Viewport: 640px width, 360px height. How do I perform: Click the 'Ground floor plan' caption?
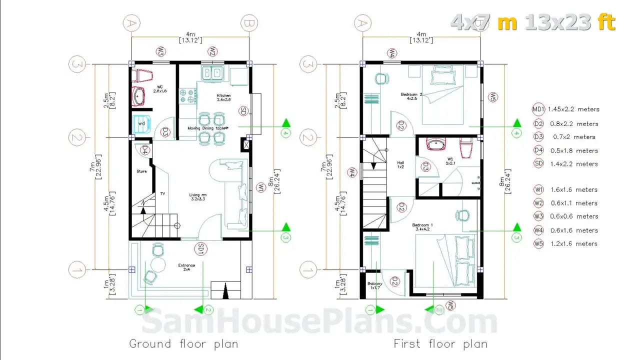(183, 343)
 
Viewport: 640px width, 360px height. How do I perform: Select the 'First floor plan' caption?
(440, 343)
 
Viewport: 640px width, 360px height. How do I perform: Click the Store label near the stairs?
(141, 171)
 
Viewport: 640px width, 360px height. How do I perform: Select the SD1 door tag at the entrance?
(200, 247)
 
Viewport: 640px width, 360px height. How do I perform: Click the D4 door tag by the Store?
(144, 150)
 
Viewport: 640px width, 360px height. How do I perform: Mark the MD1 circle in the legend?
(538, 109)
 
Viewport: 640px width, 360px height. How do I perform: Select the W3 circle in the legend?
(538, 216)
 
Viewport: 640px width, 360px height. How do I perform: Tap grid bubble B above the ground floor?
(248, 23)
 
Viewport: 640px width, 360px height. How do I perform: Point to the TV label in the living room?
(162, 194)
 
